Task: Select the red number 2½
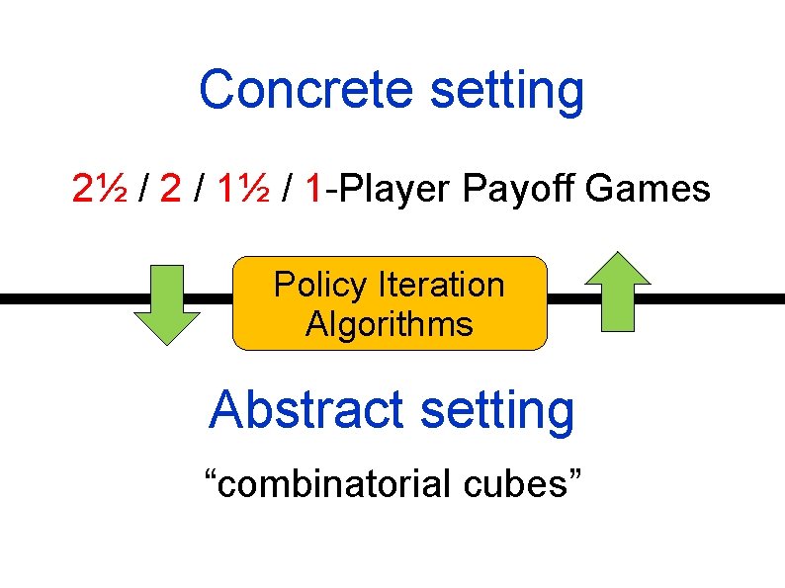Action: click(x=98, y=188)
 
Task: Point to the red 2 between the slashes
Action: click(x=170, y=188)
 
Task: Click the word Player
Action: click(x=394, y=188)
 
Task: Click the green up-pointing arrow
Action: click(x=618, y=291)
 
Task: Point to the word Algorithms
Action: click(x=390, y=324)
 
